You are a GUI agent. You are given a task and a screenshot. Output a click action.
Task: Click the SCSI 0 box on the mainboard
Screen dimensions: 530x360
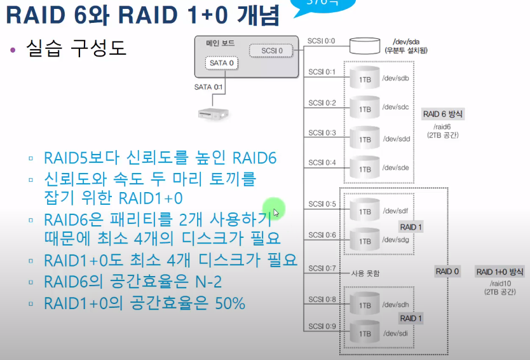[x=268, y=50]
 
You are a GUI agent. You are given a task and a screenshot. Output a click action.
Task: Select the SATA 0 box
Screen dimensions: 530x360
[x=223, y=64]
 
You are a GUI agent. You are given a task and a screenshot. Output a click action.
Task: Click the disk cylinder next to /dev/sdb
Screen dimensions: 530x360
[x=365, y=78]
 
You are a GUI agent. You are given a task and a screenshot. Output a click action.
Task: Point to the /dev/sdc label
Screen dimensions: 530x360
[x=395, y=107]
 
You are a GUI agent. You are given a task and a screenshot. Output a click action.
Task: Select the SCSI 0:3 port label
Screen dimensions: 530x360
[x=322, y=132]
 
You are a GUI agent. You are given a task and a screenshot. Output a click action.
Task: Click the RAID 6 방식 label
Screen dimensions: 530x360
[x=444, y=114]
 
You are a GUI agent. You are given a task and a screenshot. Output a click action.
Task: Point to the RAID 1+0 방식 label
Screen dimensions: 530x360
[x=499, y=272]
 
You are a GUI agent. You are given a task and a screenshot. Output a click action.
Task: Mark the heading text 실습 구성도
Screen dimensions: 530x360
[x=76, y=48]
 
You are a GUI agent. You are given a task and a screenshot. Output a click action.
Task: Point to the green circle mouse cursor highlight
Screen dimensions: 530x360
[x=274, y=209]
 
